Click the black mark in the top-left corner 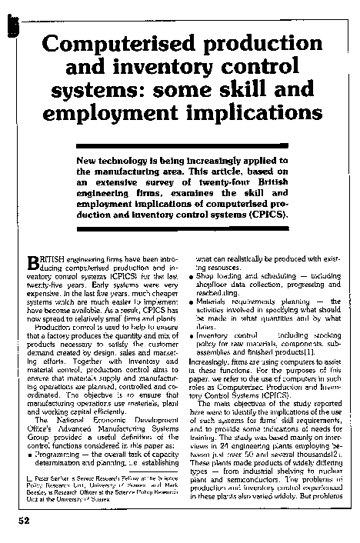(11, 26)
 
